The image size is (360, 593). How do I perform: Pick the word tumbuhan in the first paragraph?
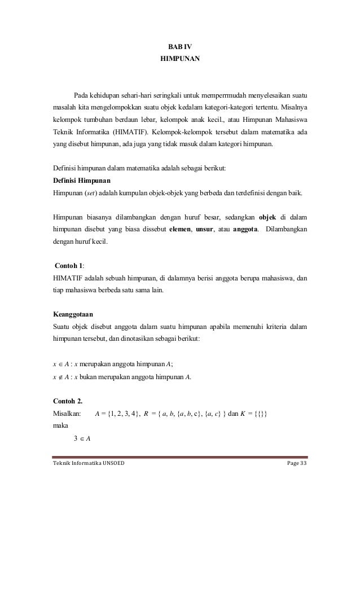click(x=100, y=121)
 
